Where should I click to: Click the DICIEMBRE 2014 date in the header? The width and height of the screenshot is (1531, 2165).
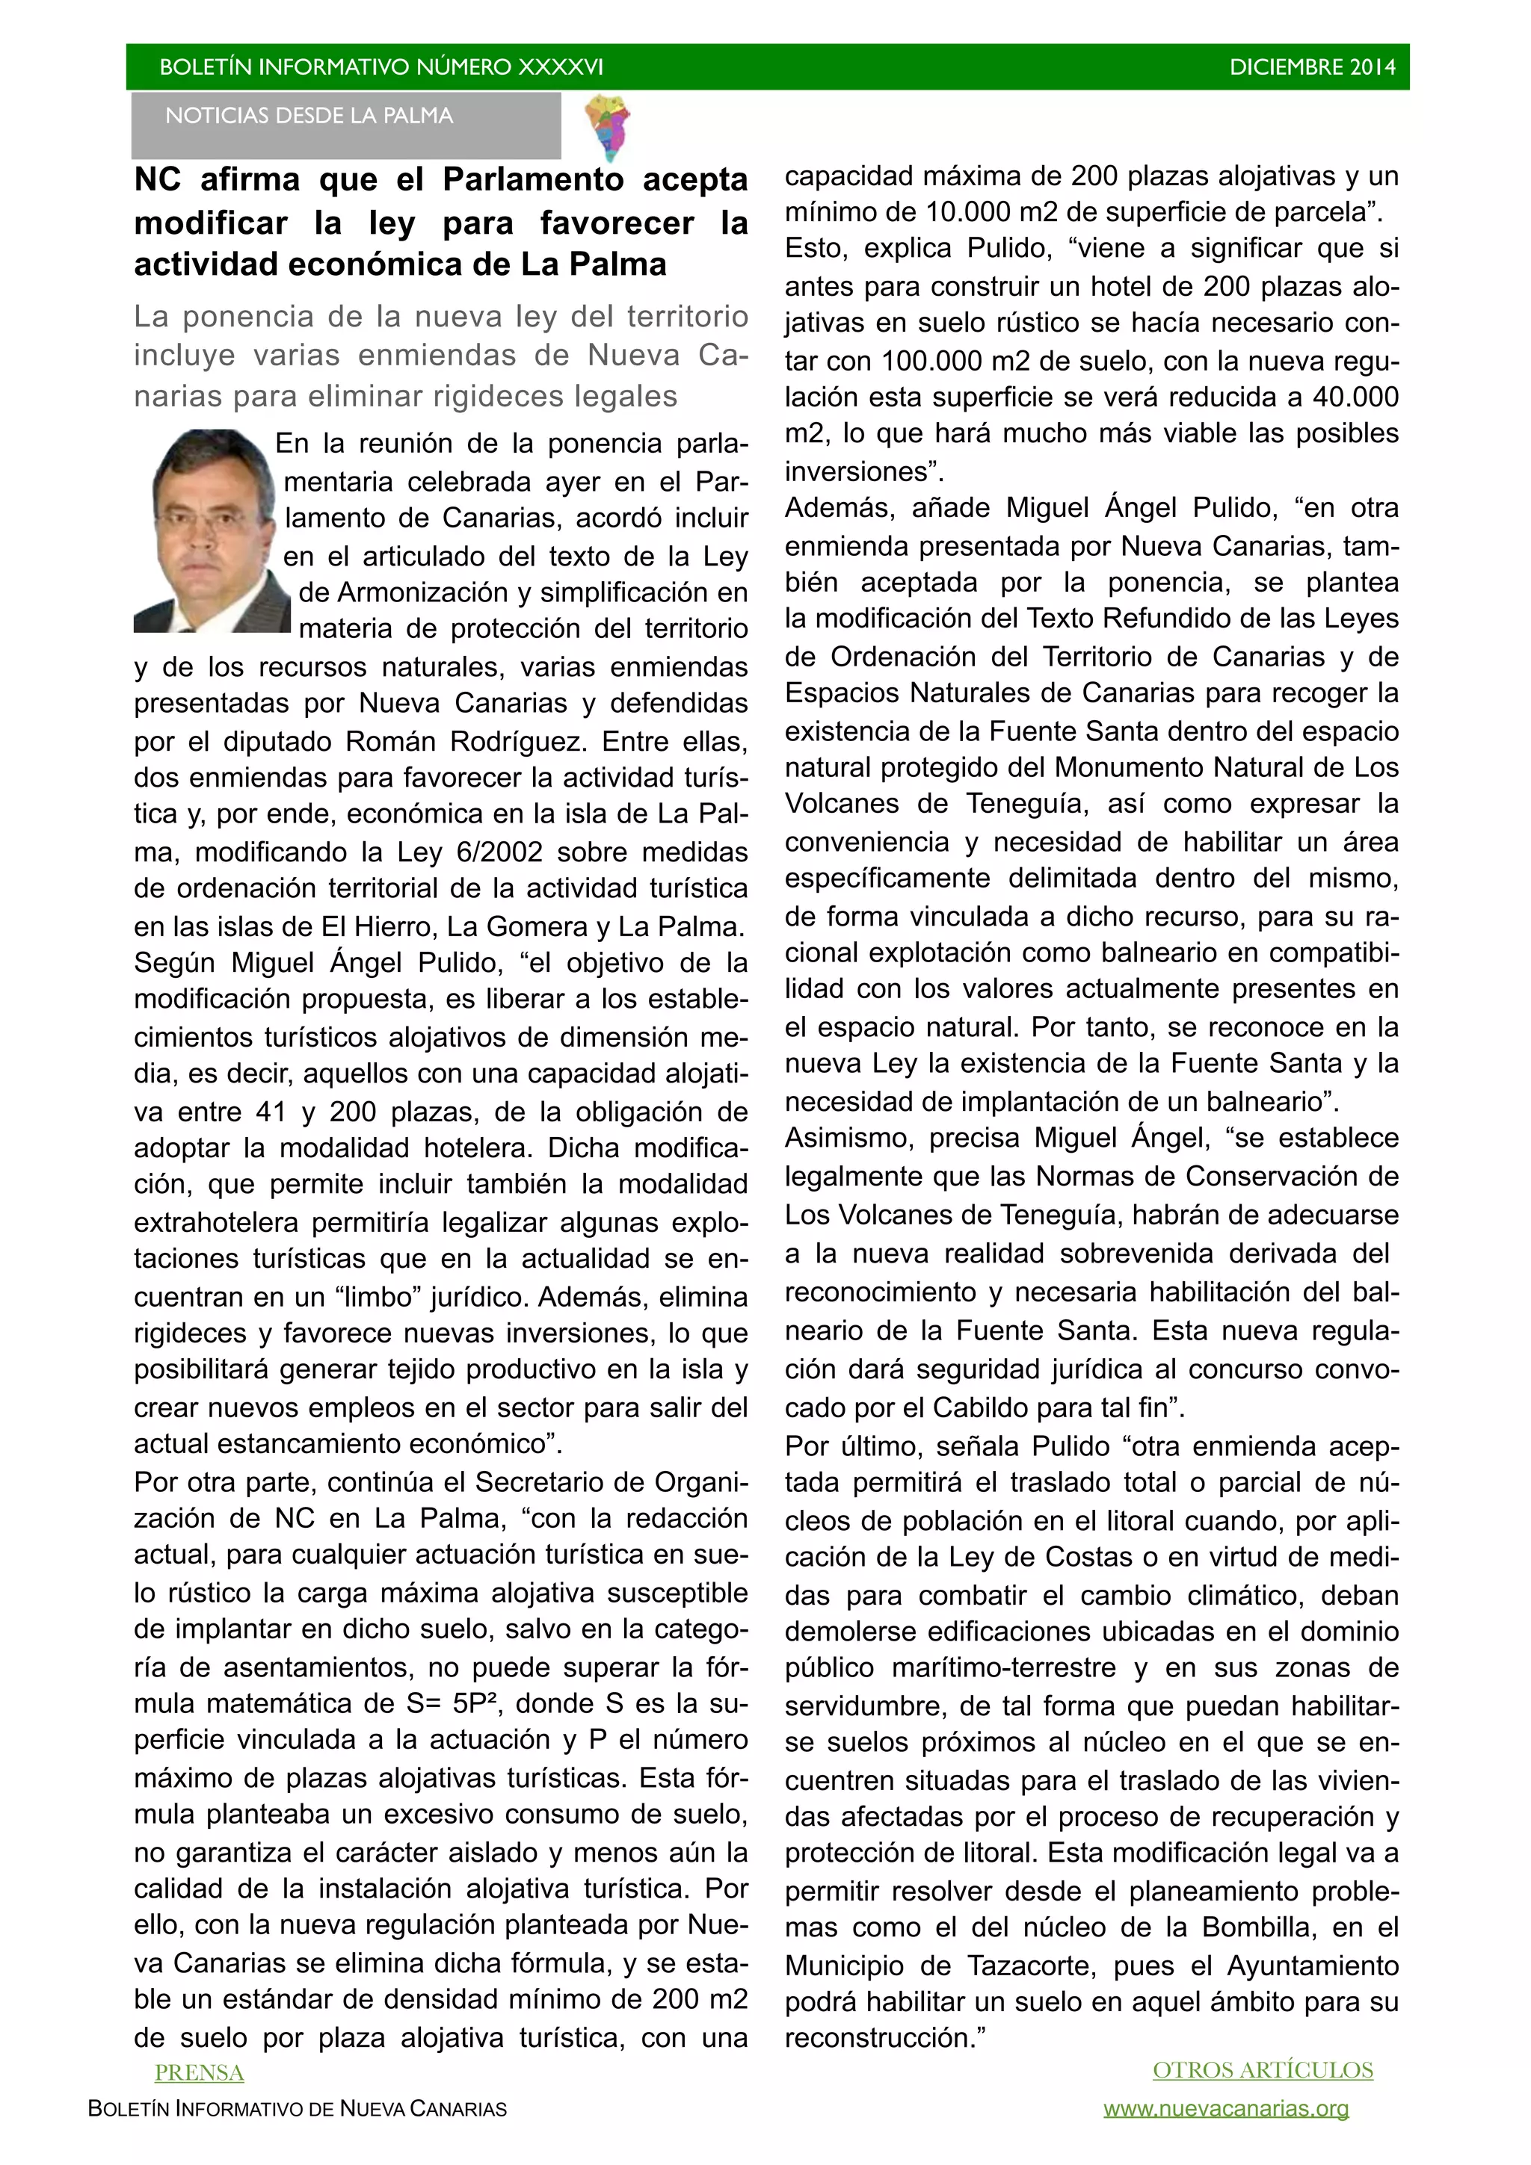[x=1311, y=67]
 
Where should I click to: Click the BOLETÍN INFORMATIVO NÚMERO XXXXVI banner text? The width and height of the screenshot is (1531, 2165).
[x=381, y=67]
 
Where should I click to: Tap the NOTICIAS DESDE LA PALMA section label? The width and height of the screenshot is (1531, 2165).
[x=309, y=116]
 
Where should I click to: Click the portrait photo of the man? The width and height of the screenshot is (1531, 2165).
[x=212, y=531]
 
